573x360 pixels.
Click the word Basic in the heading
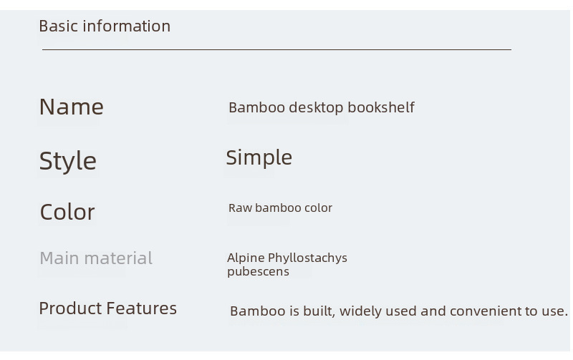[59, 26]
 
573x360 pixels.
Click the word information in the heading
[127, 26]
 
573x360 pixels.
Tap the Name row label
[71, 107]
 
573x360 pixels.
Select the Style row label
[68, 161]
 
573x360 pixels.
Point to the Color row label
[67, 212]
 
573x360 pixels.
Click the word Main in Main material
[59, 258]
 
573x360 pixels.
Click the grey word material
[118, 258]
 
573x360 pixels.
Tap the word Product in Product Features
[70, 308]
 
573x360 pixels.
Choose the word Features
[142, 308]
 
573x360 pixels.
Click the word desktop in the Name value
[316, 107]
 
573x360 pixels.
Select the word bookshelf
[381, 107]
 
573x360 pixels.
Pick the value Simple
[259, 158]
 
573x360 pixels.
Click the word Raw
[240, 208]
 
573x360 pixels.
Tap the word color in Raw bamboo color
[318, 208]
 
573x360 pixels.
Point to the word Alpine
[246, 258]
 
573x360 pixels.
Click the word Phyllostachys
[308, 258]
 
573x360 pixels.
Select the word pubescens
[258, 272]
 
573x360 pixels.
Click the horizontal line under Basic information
[276, 49]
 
